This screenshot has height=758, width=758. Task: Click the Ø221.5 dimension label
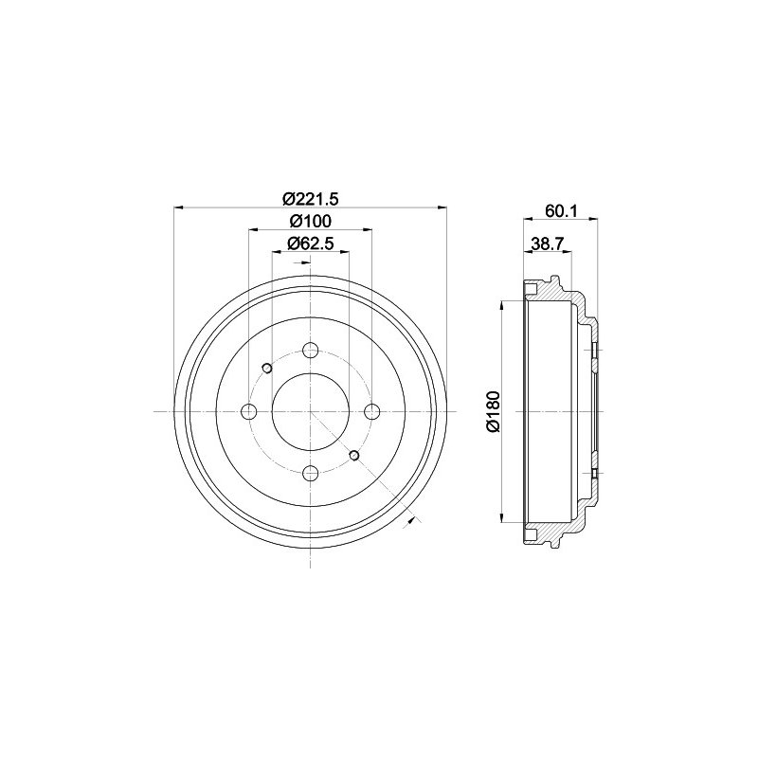tap(311, 199)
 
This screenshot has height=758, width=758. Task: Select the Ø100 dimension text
tap(311, 222)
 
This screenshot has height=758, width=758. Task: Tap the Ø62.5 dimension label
tap(311, 244)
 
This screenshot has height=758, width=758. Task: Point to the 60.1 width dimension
tap(560, 211)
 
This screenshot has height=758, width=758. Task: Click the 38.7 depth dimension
tap(548, 244)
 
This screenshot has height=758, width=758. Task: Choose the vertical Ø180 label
tap(492, 412)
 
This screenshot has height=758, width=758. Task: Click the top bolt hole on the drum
tap(311, 350)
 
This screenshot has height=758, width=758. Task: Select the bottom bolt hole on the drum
tap(311, 473)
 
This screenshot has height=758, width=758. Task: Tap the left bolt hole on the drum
tap(249, 412)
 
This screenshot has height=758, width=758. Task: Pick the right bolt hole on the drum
tap(371, 412)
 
